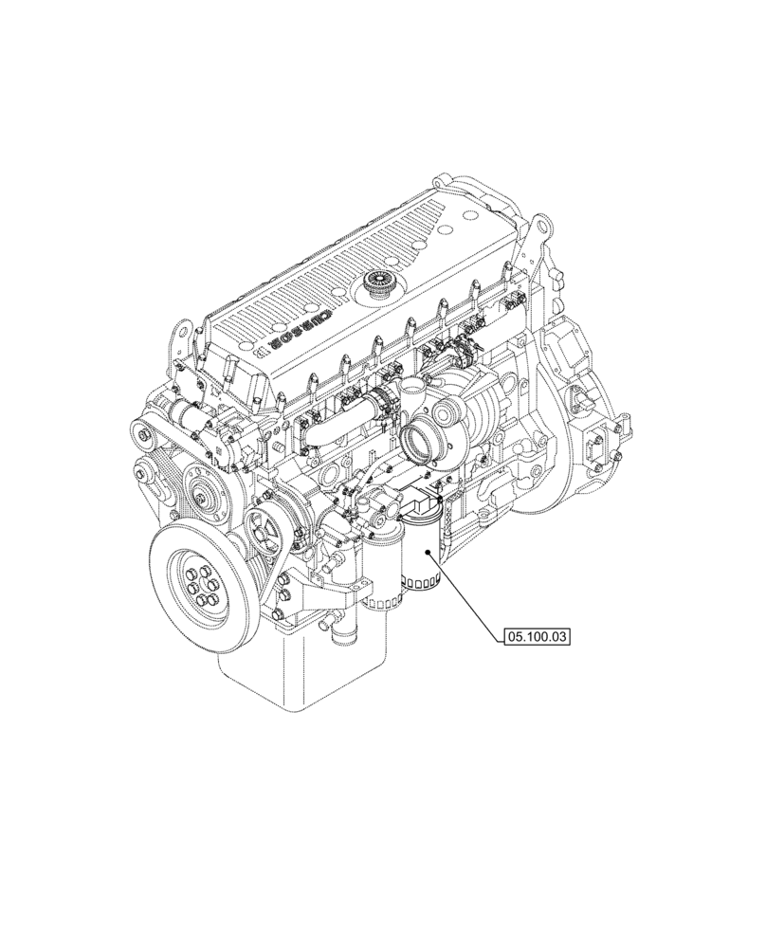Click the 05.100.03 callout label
point(537,638)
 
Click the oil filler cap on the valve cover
point(381,283)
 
